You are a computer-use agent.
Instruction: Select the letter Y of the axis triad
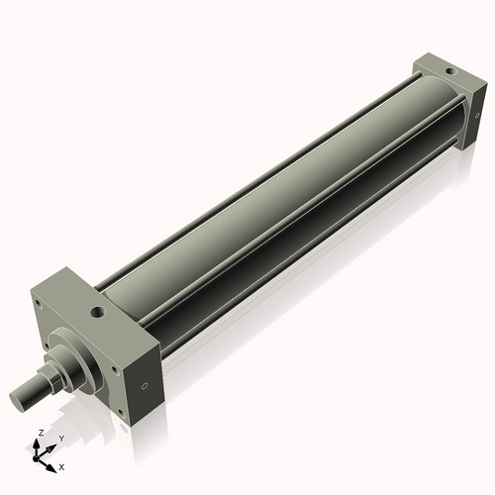pos(61,437)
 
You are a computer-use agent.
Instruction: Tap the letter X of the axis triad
pos(62,465)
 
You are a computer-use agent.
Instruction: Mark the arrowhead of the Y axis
pos(51,445)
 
